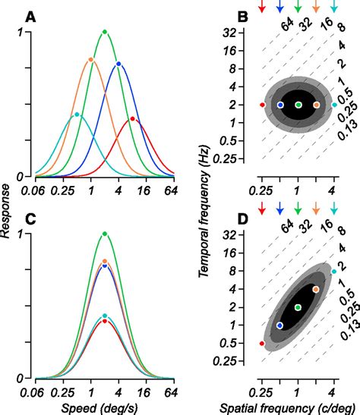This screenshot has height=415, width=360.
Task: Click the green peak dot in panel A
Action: (105, 32)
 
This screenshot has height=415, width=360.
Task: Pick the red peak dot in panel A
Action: (132, 118)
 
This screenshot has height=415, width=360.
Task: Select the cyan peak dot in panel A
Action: (76, 115)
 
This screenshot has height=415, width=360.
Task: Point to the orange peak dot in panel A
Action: (90, 59)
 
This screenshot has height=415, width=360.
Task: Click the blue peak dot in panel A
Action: (118, 64)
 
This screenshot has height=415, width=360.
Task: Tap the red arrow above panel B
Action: (262, 8)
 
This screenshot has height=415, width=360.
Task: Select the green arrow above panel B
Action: (298, 8)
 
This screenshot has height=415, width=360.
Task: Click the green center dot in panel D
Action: (298, 307)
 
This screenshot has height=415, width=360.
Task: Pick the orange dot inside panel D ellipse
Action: (316, 289)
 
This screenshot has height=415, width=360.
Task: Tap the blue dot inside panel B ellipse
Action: (280, 105)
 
